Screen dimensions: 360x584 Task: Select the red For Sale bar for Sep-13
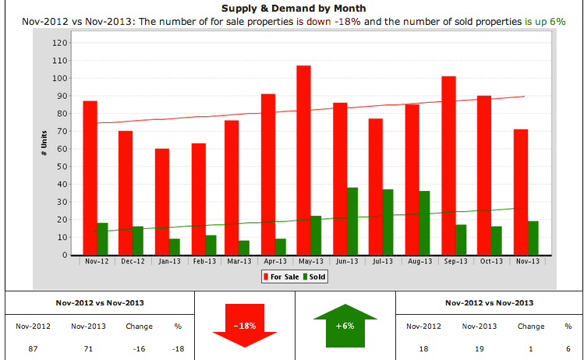[x=448, y=165]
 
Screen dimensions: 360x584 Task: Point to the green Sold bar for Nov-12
[x=102, y=238]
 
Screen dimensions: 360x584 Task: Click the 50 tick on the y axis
[x=58, y=166]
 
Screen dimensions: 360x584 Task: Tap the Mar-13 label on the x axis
[x=239, y=262]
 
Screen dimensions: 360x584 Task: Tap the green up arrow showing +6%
[x=344, y=323]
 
